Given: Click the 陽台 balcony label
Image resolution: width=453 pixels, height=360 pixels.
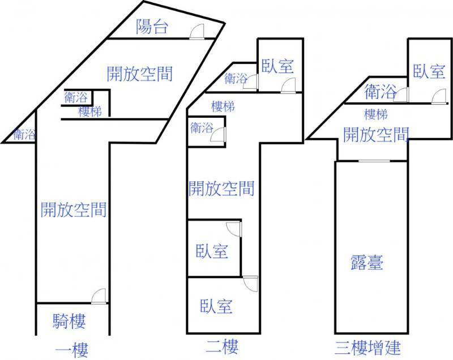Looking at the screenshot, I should [152, 26].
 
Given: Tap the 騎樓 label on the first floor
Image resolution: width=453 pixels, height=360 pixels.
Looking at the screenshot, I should [69, 322].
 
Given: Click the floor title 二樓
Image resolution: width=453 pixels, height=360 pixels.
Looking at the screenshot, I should [223, 346].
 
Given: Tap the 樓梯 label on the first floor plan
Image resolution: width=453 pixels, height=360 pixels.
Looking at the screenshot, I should [90, 112].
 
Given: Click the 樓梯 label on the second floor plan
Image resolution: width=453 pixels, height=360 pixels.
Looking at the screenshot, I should [223, 106].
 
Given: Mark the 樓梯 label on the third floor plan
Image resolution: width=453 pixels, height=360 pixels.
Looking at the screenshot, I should [376, 114].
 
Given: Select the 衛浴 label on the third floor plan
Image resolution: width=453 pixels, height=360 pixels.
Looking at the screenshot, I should [380, 91].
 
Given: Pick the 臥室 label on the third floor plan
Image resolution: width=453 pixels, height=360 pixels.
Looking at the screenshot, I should [429, 72].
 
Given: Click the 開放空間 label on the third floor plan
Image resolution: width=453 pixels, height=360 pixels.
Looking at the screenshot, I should [376, 134].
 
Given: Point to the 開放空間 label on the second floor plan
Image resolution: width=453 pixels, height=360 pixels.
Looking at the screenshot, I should [221, 188].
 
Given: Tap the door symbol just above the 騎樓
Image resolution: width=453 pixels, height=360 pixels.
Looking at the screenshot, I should [99, 297].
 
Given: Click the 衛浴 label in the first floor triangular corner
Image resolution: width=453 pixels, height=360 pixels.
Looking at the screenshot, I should [24, 135].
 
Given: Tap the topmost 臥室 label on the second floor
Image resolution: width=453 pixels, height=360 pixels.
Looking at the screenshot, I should [277, 67].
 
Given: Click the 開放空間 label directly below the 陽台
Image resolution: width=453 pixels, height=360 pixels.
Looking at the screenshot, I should [139, 73].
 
